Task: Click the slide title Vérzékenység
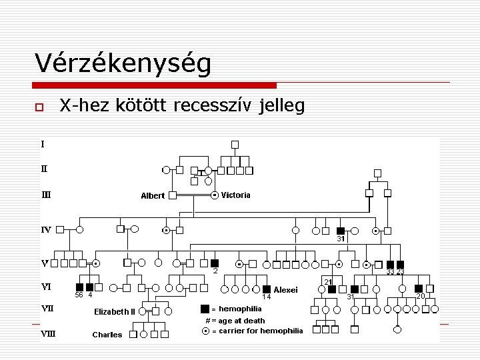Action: pyautogui.click(x=123, y=64)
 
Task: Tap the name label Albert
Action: pyautogui.click(x=153, y=196)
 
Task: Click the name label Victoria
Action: pyautogui.click(x=236, y=195)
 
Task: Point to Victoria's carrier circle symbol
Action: pyautogui.click(x=215, y=195)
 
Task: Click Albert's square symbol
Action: pyautogui.click(x=172, y=195)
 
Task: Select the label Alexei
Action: pyautogui.click(x=285, y=290)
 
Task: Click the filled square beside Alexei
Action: pyautogui.click(x=267, y=289)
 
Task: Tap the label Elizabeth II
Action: pyautogui.click(x=115, y=311)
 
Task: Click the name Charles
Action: pyautogui.click(x=107, y=335)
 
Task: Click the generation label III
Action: pyautogui.click(x=46, y=195)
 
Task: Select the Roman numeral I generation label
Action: pyautogui.click(x=43, y=143)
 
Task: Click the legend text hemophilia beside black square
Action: pyautogui.click(x=240, y=309)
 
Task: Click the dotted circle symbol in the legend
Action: pyautogui.click(x=205, y=331)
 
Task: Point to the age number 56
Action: pyautogui.click(x=79, y=295)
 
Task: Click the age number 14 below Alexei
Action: pyautogui.click(x=265, y=297)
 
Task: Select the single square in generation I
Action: pyautogui.click(x=235, y=144)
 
